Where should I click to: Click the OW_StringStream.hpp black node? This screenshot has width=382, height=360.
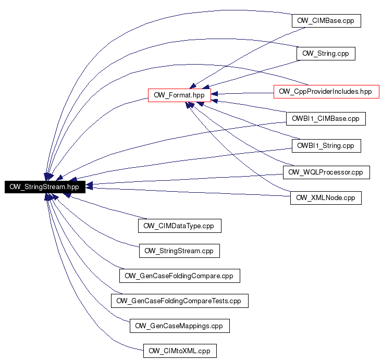(x=45, y=187)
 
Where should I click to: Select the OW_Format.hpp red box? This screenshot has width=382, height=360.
(x=179, y=95)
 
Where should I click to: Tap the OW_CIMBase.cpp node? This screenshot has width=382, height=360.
(x=326, y=21)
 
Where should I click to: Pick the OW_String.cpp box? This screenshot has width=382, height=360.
(x=326, y=54)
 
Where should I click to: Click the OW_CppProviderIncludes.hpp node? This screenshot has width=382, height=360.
(x=326, y=92)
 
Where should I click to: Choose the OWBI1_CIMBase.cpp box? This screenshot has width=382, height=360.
(x=326, y=119)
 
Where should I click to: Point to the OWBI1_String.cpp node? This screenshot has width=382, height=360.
(x=326, y=146)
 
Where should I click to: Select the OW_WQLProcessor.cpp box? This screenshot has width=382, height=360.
(x=326, y=172)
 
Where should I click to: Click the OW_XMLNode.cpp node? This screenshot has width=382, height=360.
(x=326, y=198)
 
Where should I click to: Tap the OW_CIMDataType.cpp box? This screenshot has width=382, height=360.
(x=180, y=226)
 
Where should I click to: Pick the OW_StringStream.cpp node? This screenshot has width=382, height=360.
(x=179, y=251)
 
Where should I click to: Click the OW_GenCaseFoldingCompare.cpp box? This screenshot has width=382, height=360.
(x=180, y=276)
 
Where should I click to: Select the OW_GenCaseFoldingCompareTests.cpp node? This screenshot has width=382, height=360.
(x=180, y=301)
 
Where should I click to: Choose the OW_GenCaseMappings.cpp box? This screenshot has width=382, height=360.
(x=180, y=326)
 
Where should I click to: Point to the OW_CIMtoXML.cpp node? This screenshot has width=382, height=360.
(x=180, y=351)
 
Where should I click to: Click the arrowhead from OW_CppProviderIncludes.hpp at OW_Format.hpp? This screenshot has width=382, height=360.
(x=214, y=94)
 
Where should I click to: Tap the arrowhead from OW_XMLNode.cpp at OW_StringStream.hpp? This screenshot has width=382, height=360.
(x=89, y=188)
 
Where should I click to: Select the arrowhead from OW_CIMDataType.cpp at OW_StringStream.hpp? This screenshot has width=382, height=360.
(x=67, y=195)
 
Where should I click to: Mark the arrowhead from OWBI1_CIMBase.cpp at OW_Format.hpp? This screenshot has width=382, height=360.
(x=214, y=101)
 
